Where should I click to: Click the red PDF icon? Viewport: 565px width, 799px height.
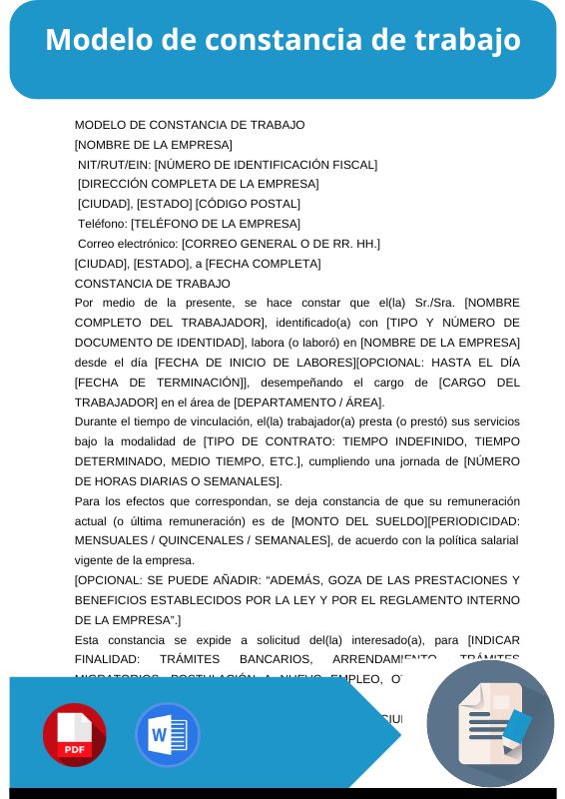(x=74, y=735)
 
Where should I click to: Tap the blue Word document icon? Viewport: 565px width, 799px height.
(x=167, y=735)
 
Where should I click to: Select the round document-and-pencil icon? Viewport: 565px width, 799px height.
(x=490, y=723)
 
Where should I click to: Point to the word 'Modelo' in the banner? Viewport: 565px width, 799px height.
(x=93, y=40)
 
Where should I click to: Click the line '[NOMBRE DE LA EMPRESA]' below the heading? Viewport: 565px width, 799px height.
(x=153, y=145)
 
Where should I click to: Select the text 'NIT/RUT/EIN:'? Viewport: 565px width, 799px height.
(x=115, y=165)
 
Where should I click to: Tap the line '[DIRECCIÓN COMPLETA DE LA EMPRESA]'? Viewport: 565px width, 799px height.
(x=198, y=184)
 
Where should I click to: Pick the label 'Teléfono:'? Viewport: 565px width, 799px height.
(x=103, y=224)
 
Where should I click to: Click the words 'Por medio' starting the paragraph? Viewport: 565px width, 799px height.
(x=103, y=303)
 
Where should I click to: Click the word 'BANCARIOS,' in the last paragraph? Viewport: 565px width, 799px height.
(x=275, y=659)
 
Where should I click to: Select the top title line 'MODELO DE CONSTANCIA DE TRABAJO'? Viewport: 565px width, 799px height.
(x=190, y=125)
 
